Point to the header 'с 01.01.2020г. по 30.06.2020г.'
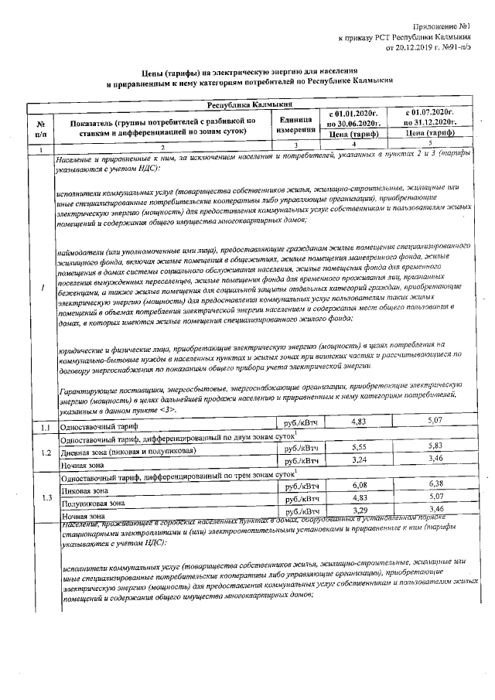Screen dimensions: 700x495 coord(353,118)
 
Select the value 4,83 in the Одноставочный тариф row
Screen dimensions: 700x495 coord(357,422)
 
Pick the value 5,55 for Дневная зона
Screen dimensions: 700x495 coord(357,448)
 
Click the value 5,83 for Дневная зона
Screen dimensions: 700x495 coord(434,447)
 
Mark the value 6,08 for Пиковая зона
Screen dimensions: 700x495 coord(357,485)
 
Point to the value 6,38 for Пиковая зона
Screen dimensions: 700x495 coord(434,483)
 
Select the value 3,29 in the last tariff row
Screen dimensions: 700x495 coord(357,510)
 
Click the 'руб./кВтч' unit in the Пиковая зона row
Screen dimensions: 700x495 coord(302,487)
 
